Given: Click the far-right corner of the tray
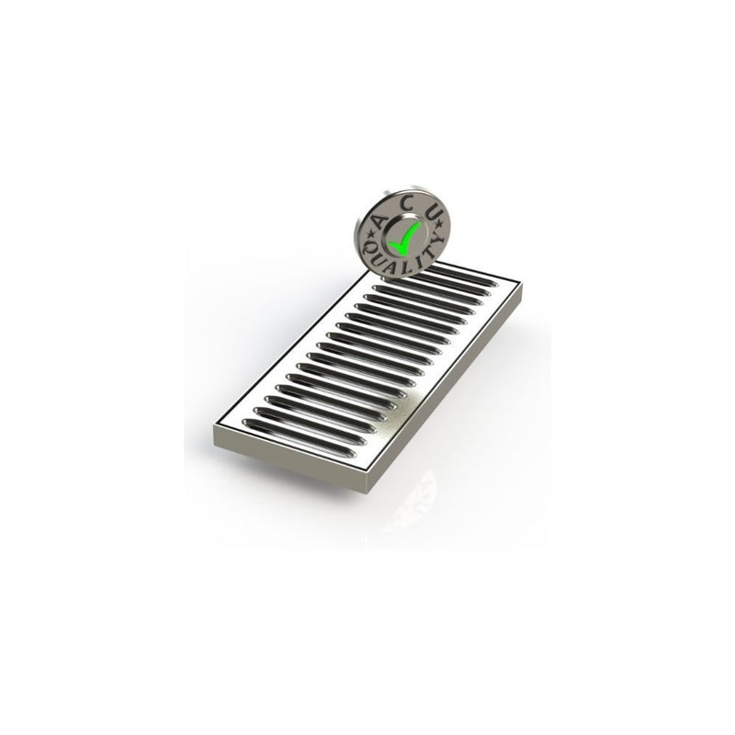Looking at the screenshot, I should point(521,285).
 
